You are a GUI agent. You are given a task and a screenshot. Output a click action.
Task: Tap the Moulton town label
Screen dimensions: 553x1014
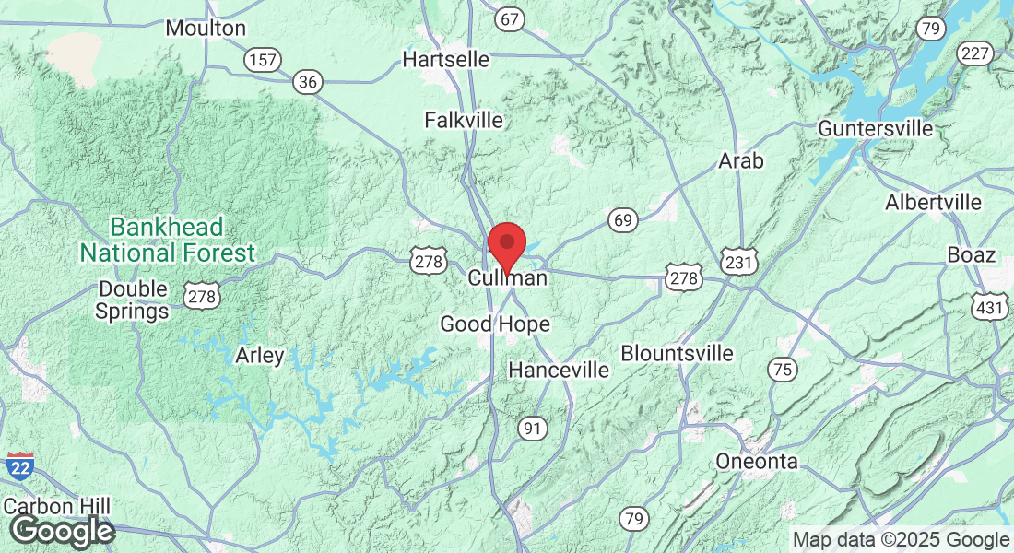click(x=206, y=29)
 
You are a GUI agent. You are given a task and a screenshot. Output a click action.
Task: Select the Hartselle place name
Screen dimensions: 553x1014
click(x=446, y=59)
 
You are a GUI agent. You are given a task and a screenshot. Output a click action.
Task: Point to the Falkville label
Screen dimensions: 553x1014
click(x=464, y=120)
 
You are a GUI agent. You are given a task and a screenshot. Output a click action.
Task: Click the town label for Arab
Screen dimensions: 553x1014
click(x=741, y=161)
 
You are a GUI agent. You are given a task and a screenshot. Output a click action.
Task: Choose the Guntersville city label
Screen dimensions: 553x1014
click(x=876, y=128)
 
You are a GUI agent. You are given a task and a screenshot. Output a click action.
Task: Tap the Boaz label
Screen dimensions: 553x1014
click(x=972, y=254)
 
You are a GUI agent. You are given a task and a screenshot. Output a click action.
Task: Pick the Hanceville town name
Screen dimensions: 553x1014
click(x=560, y=370)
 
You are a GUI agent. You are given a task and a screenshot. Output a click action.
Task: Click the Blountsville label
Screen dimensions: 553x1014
click(x=678, y=353)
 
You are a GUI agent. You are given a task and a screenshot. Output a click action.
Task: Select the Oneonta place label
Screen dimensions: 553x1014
click(x=758, y=461)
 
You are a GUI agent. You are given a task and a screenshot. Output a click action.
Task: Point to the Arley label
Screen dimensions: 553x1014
click(x=260, y=355)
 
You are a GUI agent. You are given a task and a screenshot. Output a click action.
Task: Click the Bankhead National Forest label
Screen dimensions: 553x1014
click(x=167, y=240)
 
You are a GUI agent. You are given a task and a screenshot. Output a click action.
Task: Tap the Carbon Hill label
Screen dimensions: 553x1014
click(x=57, y=506)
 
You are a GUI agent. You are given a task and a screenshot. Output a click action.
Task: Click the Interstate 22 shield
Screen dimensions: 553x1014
click(x=20, y=467)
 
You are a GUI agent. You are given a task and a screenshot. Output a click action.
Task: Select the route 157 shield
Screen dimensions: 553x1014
click(x=262, y=60)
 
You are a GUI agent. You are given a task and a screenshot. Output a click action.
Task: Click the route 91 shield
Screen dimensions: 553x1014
click(x=532, y=428)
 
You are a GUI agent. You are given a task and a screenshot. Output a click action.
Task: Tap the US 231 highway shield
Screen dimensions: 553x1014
click(x=738, y=264)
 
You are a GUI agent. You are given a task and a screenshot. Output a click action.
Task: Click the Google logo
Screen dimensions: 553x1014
click(x=62, y=532)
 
